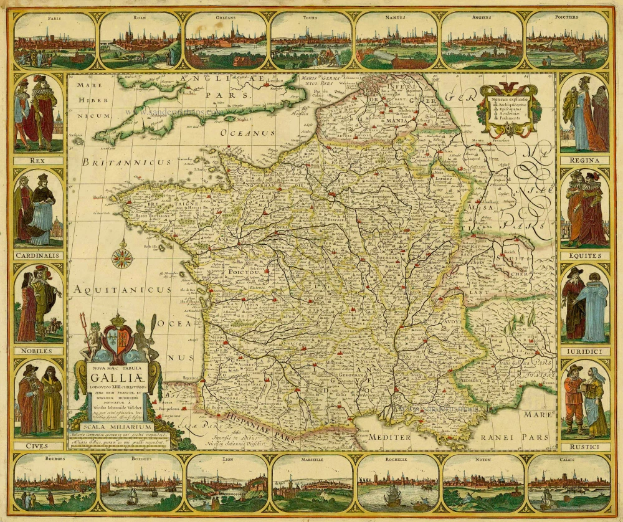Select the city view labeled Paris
tap(55, 40)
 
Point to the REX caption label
tap(39, 160)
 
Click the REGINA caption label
tap(584, 160)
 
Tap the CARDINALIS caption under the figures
tap(39, 254)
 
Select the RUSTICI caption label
tap(584, 447)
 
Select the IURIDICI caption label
tap(584, 351)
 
